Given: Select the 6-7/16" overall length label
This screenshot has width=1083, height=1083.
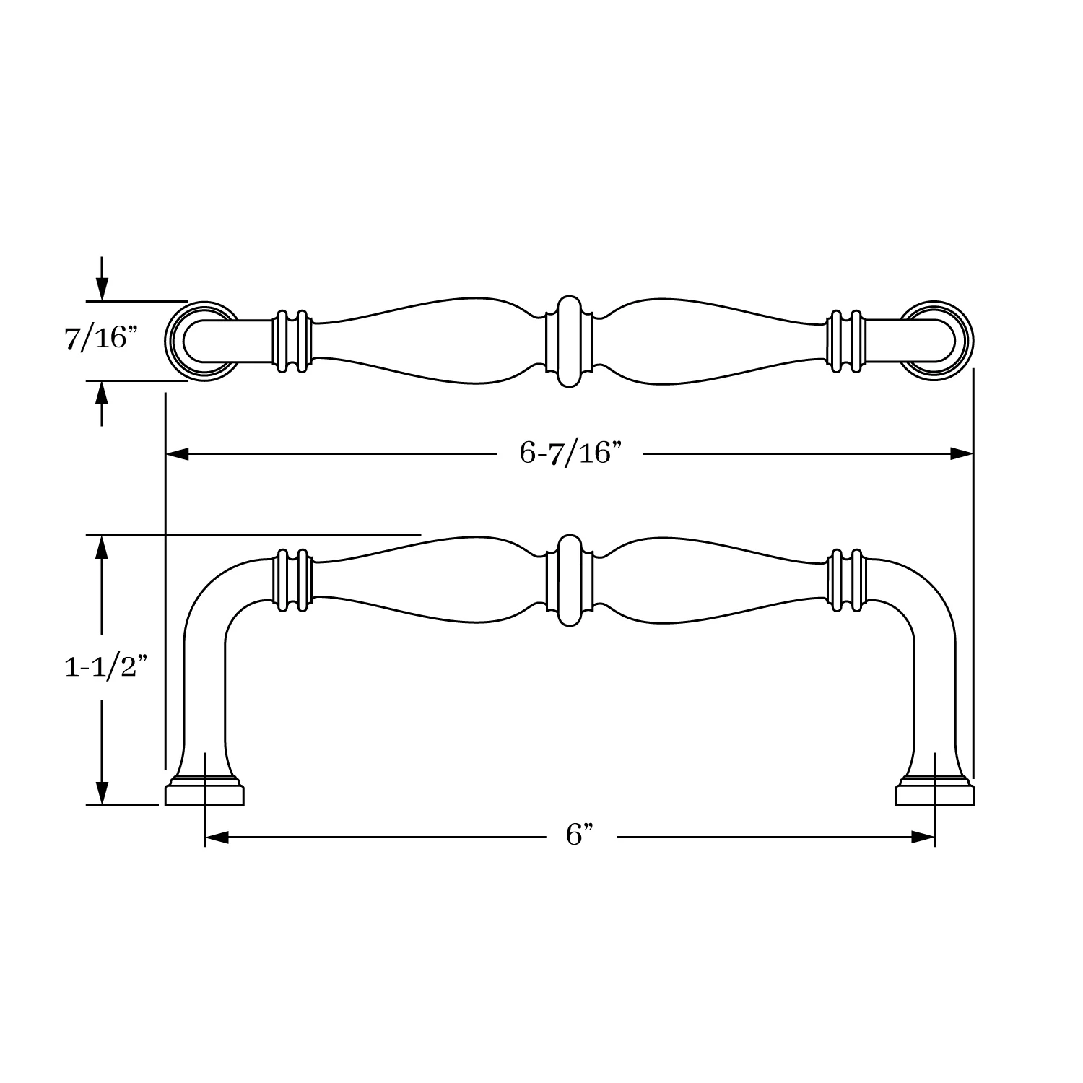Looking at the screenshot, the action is [x=570, y=453].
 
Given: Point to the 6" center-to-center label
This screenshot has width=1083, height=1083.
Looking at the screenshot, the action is [x=580, y=836].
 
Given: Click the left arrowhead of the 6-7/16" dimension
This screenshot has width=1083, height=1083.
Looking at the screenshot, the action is [x=178, y=454].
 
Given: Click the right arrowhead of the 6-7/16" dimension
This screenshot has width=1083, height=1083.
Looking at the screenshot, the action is [x=961, y=454].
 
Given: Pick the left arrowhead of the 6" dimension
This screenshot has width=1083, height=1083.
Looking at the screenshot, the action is [x=217, y=838].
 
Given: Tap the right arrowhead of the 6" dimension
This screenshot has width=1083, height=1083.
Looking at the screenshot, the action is [x=923, y=838].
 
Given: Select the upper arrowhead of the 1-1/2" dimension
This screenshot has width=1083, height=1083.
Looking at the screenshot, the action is [x=102, y=547].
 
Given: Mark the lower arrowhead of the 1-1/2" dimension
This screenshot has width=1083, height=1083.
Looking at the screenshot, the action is [x=102, y=793].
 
